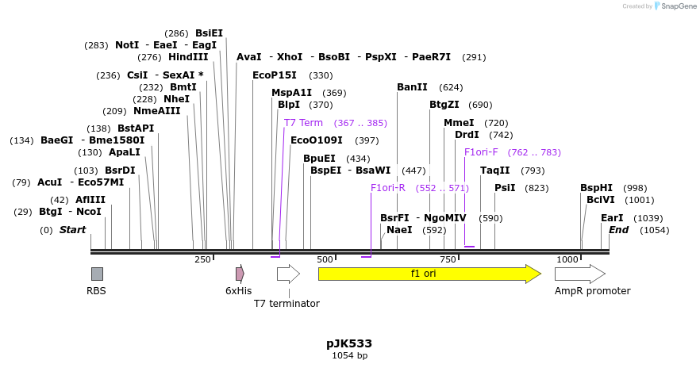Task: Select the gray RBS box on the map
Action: [x=97, y=274]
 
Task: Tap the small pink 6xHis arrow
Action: [x=240, y=274]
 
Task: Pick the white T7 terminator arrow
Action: [x=288, y=274]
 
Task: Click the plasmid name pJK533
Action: [x=349, y=343]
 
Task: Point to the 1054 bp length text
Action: [x=349, y=356]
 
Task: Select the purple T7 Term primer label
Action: [x=303, y=123]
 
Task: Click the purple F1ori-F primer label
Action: [x=481, y=152]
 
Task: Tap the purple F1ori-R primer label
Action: [x=388, y=188]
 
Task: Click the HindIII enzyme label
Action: [x=188, y=57]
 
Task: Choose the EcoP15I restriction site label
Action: [x=274, y=75]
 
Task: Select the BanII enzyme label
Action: [x=412, y=87]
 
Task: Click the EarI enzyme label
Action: [x=612, y=218]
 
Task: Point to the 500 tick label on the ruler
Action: [x=325, y=260]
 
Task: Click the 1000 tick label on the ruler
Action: [x=567, y=260]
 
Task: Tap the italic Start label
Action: [x=72, y=230]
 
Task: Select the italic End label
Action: [x=618, y=230]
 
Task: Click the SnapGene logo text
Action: [x=675, y=6]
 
